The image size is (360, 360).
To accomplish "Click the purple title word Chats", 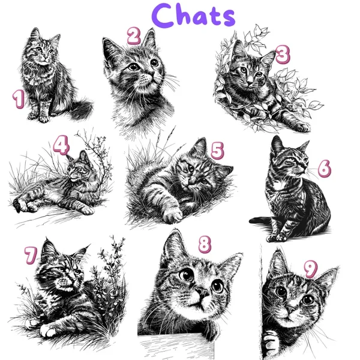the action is click(x=193, y=16).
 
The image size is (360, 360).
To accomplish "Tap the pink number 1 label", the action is click(x=18, y=99).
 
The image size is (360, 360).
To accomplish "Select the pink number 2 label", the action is click(x=134, y=35).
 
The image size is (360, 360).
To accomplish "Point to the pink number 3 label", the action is click(x=283, y=54).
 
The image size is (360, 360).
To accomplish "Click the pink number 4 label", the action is click(x=61, y=145).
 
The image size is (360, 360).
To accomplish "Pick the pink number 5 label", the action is click(x=217, y=151).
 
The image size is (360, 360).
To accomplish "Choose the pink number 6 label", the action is click(x=324, y=168).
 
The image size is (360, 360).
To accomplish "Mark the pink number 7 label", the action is click(x=31, y=255).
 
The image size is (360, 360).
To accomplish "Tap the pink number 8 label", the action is click(x=205, y=245).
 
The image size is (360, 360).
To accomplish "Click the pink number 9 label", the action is click(x=311, y=269).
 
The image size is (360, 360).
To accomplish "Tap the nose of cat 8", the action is click(x=202, y=292).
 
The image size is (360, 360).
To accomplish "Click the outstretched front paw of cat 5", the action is click(x=172, y=215).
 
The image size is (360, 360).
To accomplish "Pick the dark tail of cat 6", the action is click(x=260, y=220).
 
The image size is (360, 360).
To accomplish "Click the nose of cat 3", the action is click(x=250, y=82).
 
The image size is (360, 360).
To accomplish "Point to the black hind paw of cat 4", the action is click(x=17, y=205).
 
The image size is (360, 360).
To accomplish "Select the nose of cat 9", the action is click(x=290, y=310).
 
